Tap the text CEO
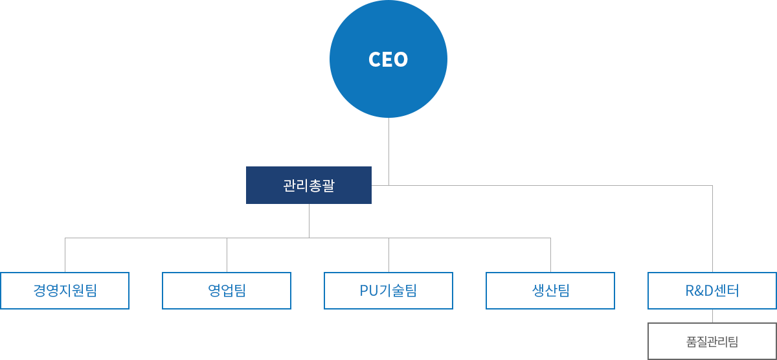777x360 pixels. click(388, 60)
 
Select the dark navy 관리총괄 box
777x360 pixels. click(308, 185)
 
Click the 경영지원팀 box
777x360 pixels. click(65, 291)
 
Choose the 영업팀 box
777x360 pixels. click(227, 291)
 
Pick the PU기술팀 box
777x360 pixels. click(388, 291)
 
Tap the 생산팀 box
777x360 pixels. click(550, 291)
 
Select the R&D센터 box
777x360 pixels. click(712, 291)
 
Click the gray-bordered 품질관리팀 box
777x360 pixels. click(712, 341)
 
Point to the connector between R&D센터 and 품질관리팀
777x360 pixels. click(712, 316)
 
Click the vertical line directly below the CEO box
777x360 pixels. click(388, 149)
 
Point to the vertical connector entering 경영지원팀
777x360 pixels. click(65, 255)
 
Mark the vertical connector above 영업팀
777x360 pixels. click(227, 255)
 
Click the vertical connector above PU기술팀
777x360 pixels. click(388, 255)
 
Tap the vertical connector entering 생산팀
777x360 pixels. click(550, 255)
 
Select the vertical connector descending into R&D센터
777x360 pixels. click(712, 227)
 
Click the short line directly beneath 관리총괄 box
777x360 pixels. click(308, 220)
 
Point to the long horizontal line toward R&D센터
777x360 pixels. click(550, 185)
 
